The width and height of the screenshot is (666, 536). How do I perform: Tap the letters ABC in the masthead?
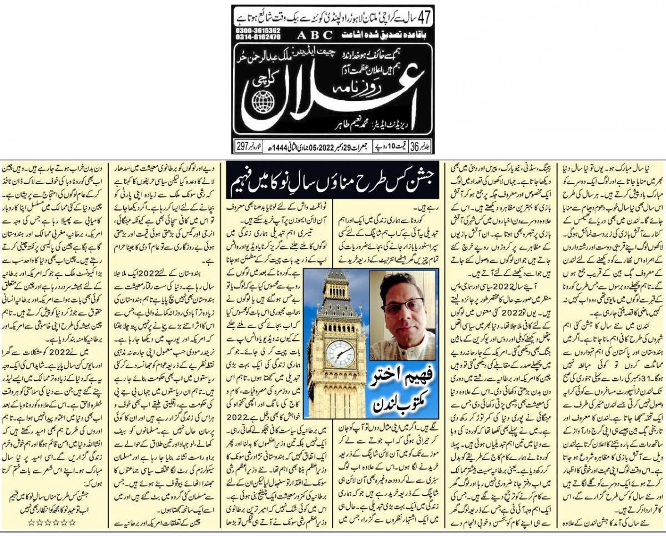tap(315, 34)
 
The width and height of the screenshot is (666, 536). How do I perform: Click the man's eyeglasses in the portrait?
tap(401, 305)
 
